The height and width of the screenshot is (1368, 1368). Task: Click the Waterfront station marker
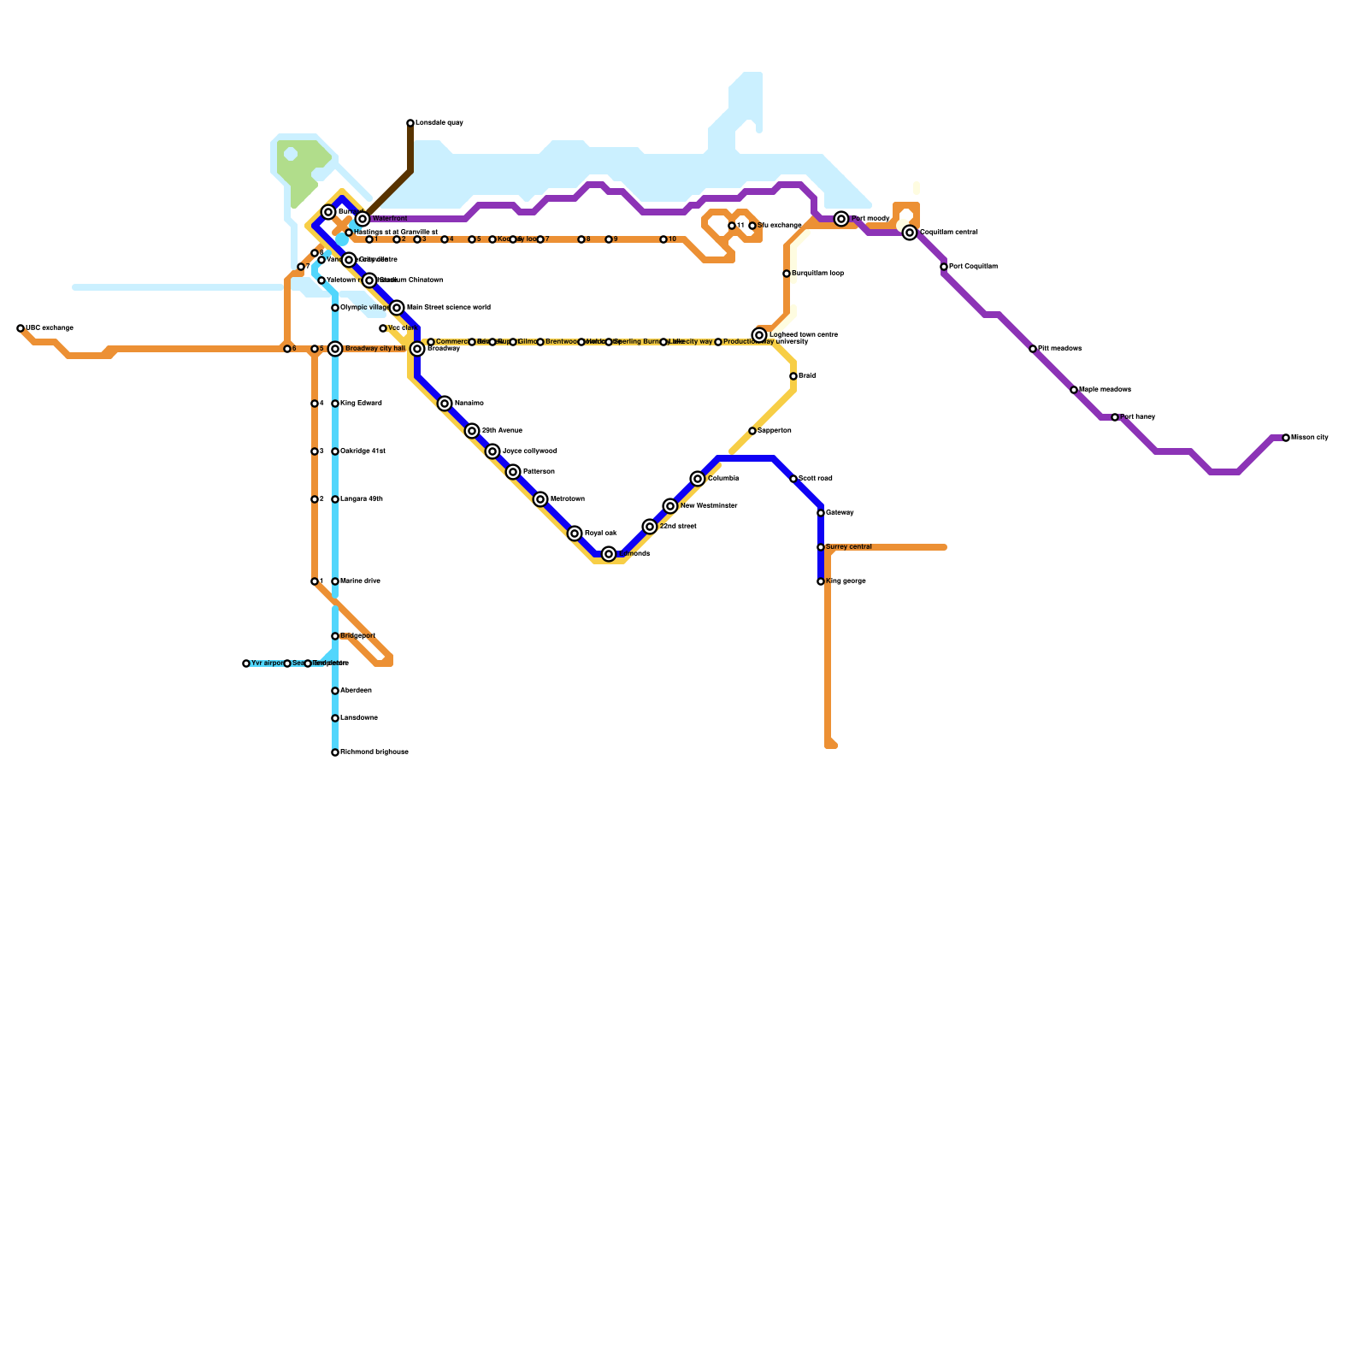363,219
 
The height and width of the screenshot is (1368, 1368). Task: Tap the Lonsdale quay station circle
410,123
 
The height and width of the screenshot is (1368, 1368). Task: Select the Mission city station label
1310,438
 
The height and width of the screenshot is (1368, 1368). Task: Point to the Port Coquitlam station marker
944,267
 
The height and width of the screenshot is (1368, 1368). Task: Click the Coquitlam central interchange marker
910,233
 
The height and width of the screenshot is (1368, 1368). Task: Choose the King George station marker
821,581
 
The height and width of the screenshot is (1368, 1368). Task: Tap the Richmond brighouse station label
374,752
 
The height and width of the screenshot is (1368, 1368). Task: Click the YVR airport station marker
246,663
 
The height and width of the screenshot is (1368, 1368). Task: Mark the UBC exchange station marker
21,328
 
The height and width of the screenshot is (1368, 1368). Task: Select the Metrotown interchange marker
540,499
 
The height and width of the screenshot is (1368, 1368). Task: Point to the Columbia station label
723,479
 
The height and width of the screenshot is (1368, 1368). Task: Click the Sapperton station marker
752,431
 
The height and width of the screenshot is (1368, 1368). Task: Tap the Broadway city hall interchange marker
335,349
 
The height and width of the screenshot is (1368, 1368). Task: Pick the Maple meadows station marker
1074,390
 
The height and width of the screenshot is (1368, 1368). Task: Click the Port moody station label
870,219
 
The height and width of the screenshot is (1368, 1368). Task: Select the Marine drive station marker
335,581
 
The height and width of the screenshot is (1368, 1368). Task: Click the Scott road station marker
793,479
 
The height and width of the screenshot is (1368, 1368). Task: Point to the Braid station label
807,376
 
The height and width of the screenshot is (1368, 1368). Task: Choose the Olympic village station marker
335,308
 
